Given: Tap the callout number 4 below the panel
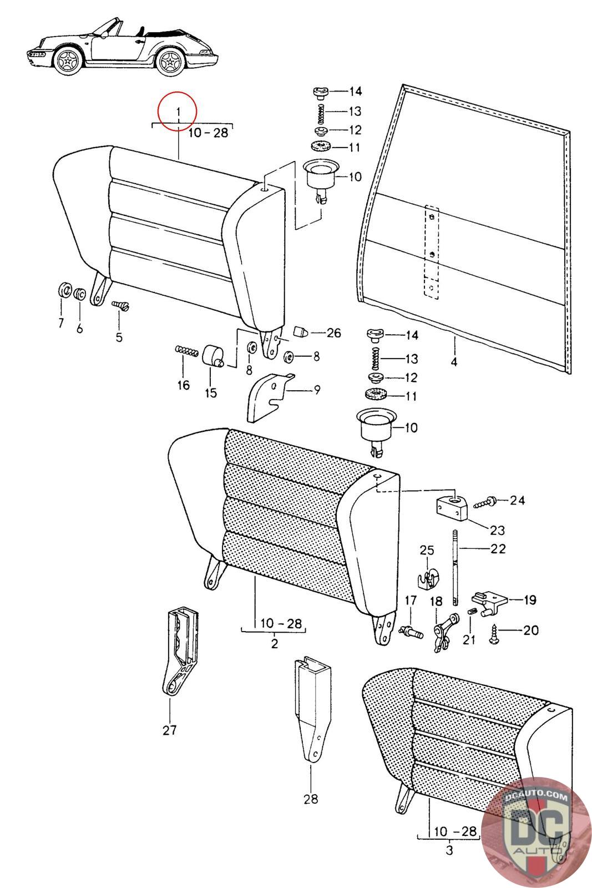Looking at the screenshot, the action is tap(454, 361).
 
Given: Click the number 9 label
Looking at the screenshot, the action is tap(317, 390).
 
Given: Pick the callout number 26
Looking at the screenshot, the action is tap(333, 332).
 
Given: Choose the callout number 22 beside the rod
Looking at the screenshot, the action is tap(498, 549).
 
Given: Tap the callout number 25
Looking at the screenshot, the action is tap(427, 550).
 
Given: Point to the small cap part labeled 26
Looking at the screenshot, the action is tap(300, 331).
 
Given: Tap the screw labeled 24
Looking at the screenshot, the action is tap(484, 502).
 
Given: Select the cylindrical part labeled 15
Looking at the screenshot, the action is tap(213, 356).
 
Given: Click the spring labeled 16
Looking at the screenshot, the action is tap(186, 350).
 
